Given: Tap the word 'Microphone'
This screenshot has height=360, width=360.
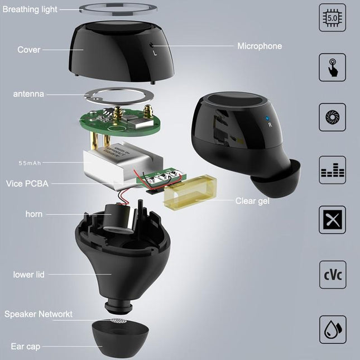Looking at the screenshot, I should tap(260, 46).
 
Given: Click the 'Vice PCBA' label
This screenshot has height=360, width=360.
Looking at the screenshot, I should tap(26, 183).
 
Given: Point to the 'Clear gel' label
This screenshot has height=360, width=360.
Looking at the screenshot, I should tap(252, 200).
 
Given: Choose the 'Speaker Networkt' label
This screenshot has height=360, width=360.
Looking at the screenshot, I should tap(39, 314).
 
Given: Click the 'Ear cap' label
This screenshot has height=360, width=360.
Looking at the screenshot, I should tap(26, 347).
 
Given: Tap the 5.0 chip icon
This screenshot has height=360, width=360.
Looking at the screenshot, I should tap(332, 18).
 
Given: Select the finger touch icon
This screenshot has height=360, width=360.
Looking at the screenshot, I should tap(332, 68).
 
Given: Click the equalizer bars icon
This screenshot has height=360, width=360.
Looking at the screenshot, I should tap(332, 170).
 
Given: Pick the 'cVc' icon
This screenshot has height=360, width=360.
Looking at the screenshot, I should tap(332, 275).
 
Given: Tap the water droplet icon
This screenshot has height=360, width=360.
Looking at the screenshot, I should tap(332, 329).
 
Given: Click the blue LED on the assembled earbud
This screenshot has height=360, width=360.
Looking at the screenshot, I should tap(268, 118).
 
